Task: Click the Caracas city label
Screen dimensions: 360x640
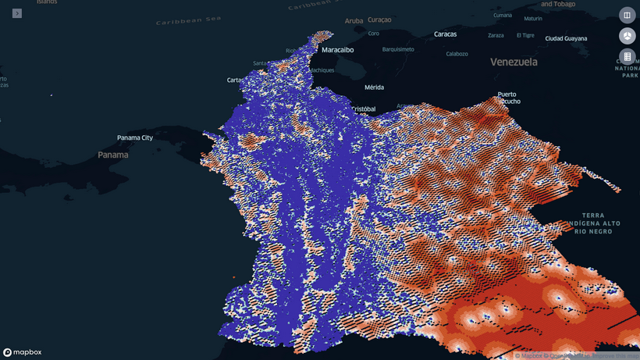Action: tap(445, 34)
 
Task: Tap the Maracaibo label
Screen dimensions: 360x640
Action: tap(337, 50)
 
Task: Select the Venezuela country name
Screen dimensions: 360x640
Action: tap(514, 62)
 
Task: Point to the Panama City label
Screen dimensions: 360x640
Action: tap(135, 138)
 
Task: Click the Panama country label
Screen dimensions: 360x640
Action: tap(113, 155)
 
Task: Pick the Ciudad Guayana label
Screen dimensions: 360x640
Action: tap(566, 38)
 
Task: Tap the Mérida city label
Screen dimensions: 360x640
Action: tap(374, 87)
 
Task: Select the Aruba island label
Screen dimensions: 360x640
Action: tap(354, 21)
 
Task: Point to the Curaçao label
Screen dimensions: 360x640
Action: tap(379, 20)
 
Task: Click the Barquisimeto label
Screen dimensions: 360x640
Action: tap(398, 49)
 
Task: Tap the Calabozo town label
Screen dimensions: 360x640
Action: tap(457, 54)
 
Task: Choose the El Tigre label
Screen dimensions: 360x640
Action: tap(525, 35)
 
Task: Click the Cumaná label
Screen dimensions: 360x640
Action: tap(503, 15)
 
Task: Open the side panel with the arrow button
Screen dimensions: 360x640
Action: tap(17, 13)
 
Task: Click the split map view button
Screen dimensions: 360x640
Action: tap(627, 15)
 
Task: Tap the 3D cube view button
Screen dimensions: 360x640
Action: tap(627, 36)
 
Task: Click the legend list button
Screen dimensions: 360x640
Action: tap(627, 57)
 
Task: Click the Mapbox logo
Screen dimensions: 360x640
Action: tap(22, 352)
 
